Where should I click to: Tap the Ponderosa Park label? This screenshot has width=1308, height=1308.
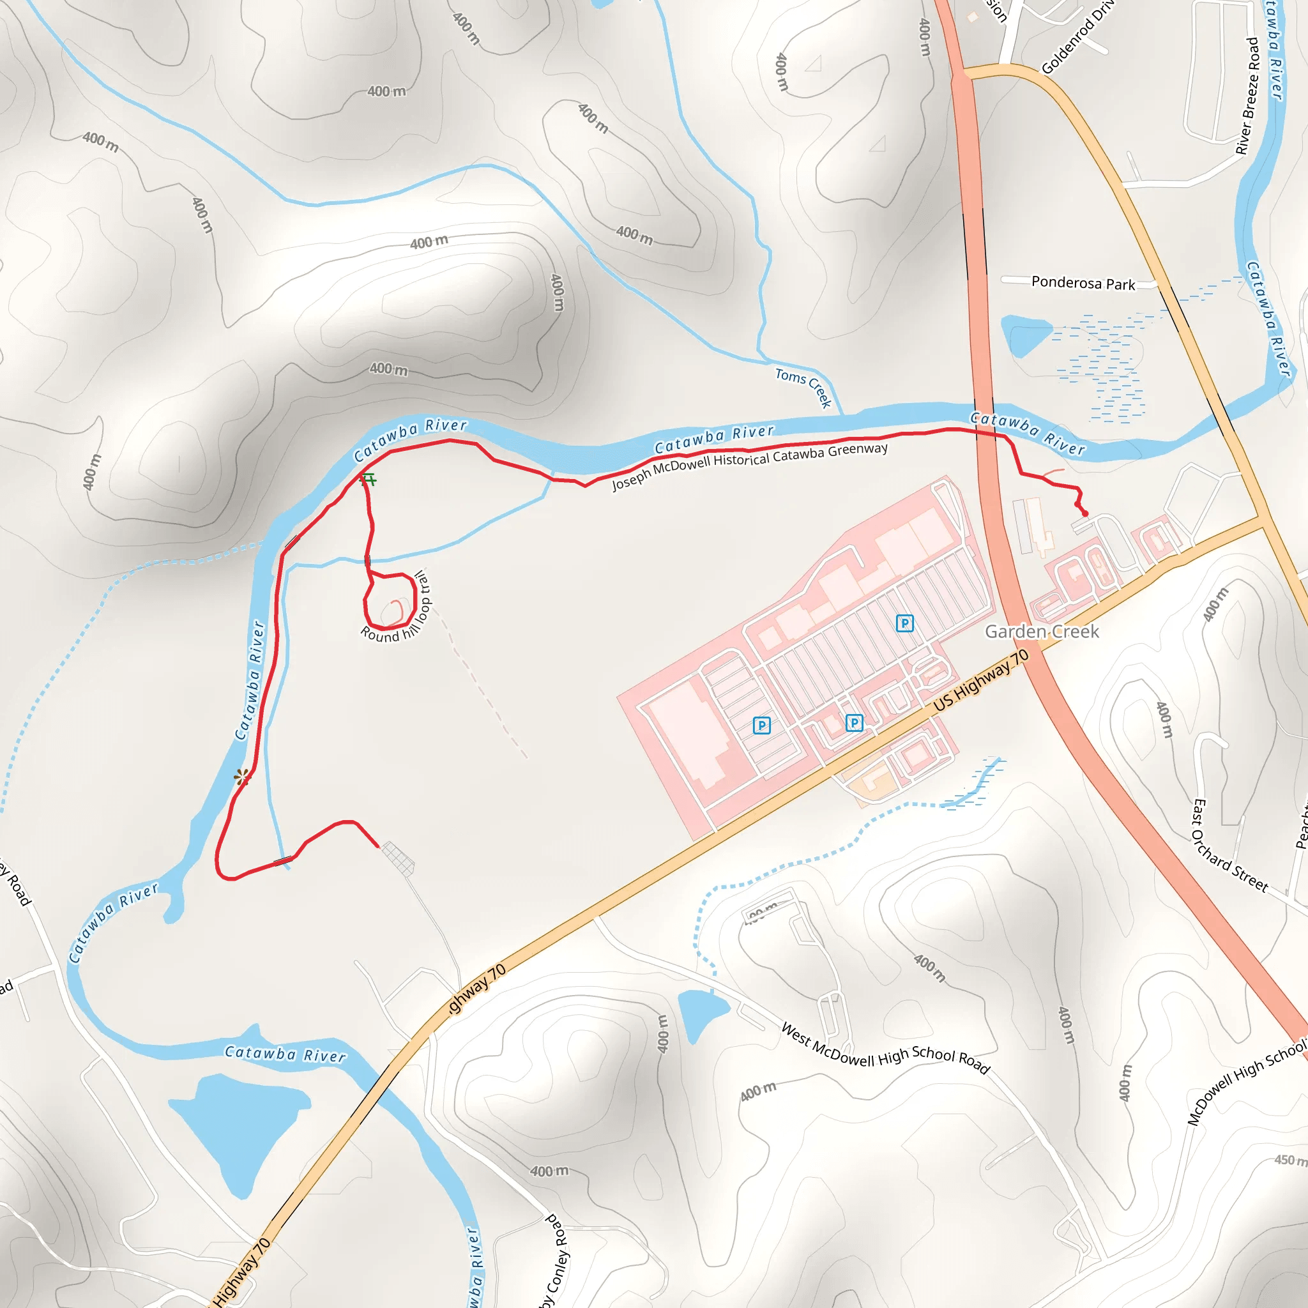pos(1083,283)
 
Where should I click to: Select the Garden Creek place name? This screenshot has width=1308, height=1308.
pos(1041,632)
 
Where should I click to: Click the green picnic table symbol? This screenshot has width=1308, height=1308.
pos(369,480)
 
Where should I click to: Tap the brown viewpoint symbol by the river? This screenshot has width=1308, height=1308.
pos(241,777)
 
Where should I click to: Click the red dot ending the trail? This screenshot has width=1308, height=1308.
pos(1085,514)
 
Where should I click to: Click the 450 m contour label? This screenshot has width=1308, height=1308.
pos(1289,1160)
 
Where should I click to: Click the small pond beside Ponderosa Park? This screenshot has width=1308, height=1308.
pos(1024,334)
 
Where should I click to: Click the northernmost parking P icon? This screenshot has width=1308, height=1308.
pos(904,623)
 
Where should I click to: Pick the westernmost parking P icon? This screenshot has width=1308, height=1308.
pos(762,726)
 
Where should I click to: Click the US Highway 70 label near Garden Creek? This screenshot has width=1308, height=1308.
pos(981,680)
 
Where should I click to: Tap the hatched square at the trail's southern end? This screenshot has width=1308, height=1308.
pos(398,858)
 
